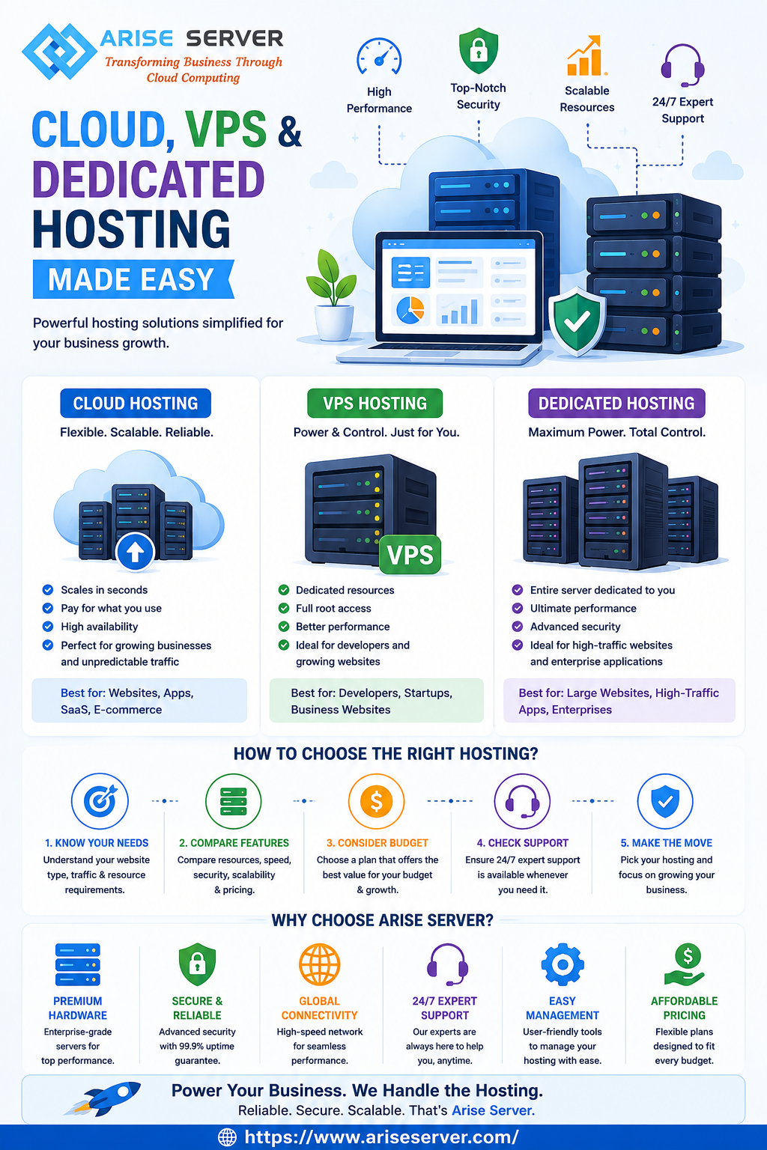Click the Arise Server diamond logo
[x=59, y=52]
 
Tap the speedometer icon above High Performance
[x=379, y=57]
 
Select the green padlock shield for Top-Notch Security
[x=479, y=50]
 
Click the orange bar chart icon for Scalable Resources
[x=586, y=55]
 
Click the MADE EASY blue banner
[x=133, y=279]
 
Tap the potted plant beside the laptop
[x=332, y=294]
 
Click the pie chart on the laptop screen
[x=410, y=310]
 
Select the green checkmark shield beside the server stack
[x=577, y=322]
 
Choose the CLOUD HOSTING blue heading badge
[x=136, y=403]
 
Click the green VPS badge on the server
[x=410, y=555]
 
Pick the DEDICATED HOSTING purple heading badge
[x=616, y=403]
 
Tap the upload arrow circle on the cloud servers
[x=135, y=551]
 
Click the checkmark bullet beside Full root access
[x=284, y=609]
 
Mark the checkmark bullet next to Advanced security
[x=518, y=627]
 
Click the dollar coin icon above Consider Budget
[x=377, y=801]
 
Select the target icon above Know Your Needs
[x=100, y=801]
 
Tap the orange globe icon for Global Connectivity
[x=320, y=964]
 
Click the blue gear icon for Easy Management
[x=563, y=964]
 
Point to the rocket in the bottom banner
[x=103, y=1098]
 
